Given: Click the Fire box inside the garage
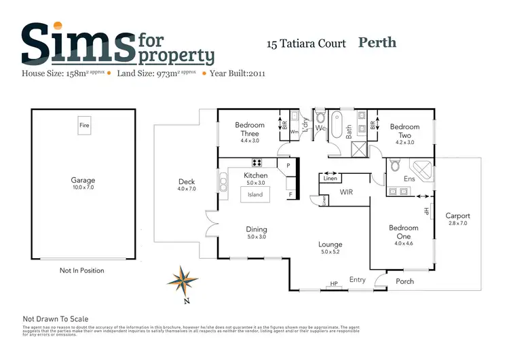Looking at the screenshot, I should [84, 126].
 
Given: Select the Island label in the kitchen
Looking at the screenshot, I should [255, 194].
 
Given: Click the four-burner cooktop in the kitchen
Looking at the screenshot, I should [258, 163].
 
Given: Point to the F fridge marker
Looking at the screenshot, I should [290, 195].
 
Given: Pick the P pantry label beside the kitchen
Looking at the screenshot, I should [288, 165].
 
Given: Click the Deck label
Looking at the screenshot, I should [187, 181].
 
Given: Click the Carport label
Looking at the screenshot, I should [457, 216].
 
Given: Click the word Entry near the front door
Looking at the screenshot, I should [357, 280].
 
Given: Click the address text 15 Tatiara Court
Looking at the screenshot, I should [305, 44].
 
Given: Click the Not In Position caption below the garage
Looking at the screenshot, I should [82, 270].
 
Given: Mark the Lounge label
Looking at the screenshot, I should [331, 245].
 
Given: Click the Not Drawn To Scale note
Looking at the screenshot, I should [56, 319].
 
